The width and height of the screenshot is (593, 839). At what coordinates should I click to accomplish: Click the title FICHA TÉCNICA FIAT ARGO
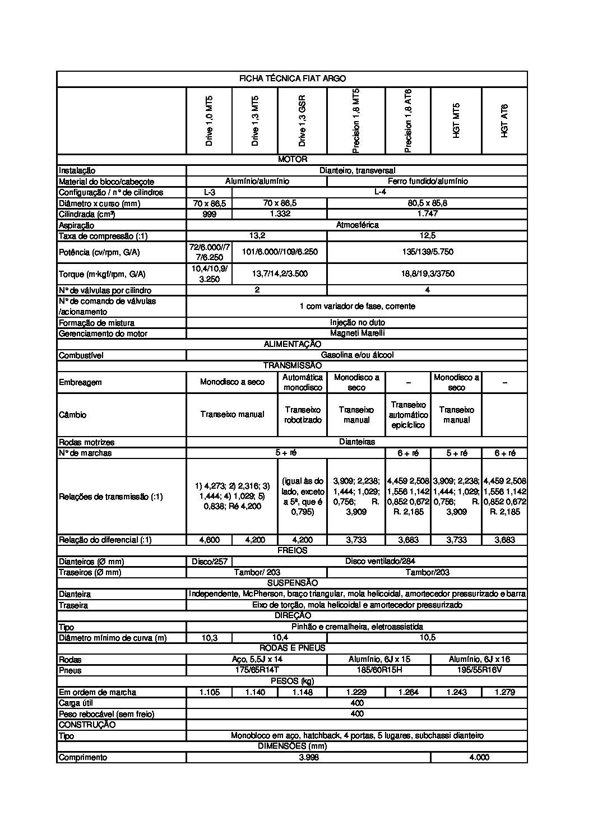pyautogui.click(x=292, y=79)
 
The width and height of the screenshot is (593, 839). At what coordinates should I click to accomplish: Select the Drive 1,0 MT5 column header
pyautogui.click(x=209, y=121)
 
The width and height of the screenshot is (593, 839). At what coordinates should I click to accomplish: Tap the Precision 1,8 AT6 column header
pyautogui.click(x=408, y=120)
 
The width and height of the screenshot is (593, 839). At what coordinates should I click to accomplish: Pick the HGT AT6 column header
pyautogui.click(x=504, y=121)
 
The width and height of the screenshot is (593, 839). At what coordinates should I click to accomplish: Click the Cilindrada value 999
pyautogui.click(x=209, y=214)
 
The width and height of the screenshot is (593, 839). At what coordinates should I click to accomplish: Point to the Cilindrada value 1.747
pyautogui.click(x=427, y=214)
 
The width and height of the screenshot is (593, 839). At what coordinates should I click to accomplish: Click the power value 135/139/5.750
pyautogui.click(x=427, y=252)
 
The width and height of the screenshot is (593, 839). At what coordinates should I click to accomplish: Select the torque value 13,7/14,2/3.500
pyautogui.click(x=280, y=274)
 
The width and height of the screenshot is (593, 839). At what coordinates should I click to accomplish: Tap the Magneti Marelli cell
pyautogui.click(x=357, y=333)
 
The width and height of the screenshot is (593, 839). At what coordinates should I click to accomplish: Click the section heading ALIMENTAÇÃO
pyautogui.click(x=293, y=344)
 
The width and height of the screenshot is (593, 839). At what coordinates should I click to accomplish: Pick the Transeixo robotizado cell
pyautogui.click(x=302, y=415)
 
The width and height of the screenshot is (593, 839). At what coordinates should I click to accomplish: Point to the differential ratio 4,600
pyautogui.click(x=209, y=540)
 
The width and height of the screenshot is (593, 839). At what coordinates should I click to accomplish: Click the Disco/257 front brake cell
pyautogui.click(x=209, y=562)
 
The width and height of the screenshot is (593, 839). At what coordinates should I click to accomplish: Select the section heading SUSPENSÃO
pyautogui.click(x=293, y=583)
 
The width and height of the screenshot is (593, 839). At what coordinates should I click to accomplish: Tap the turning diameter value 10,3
pyautogui.click(x=209, y=638)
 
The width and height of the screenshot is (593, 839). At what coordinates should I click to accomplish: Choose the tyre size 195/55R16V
pyautogui.click(x=479, y=670)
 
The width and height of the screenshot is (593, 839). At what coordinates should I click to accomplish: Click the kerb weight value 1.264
pyautogui.click(x=408, y=692)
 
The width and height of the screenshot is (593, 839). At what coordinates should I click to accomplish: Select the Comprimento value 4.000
pyautogui.click(x=479, y=758)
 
